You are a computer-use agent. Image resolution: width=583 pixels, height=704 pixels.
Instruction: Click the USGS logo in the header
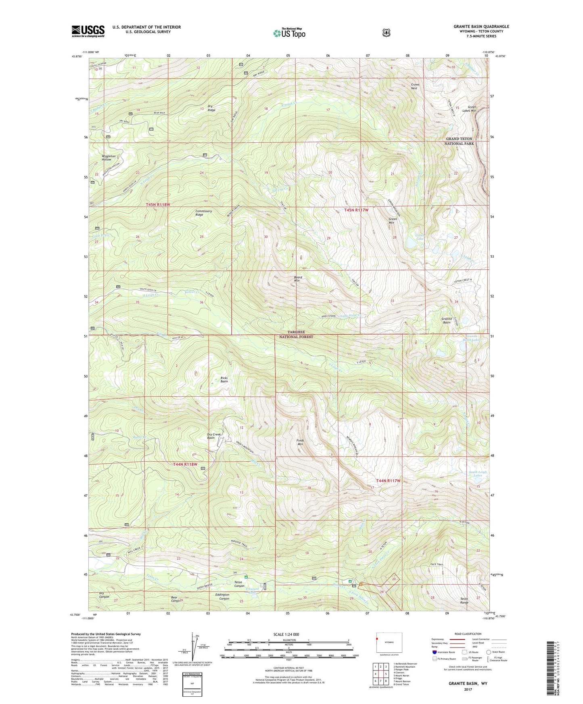pyautogui.click(x=88, y=31)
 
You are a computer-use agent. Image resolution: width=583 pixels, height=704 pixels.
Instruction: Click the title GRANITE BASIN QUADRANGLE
pyautogui.click(x=481, y=27)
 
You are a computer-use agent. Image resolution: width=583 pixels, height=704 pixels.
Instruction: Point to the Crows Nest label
pyautogui.click(x=415, y=86)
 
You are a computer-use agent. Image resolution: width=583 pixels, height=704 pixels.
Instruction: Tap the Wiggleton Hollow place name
pyautogui.click(x=107, y=158)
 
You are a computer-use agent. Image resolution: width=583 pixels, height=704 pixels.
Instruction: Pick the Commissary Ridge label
pyautogui.click(x=203, y=213)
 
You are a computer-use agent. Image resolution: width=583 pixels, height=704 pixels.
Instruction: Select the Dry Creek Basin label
pyautogui.click(x=214, y=436)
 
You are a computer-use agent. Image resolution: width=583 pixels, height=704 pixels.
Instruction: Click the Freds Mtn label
pyautogui.click(x=300, y=442)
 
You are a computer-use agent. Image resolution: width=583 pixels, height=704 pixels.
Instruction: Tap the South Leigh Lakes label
pyautogui.click(x=478, y=474)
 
